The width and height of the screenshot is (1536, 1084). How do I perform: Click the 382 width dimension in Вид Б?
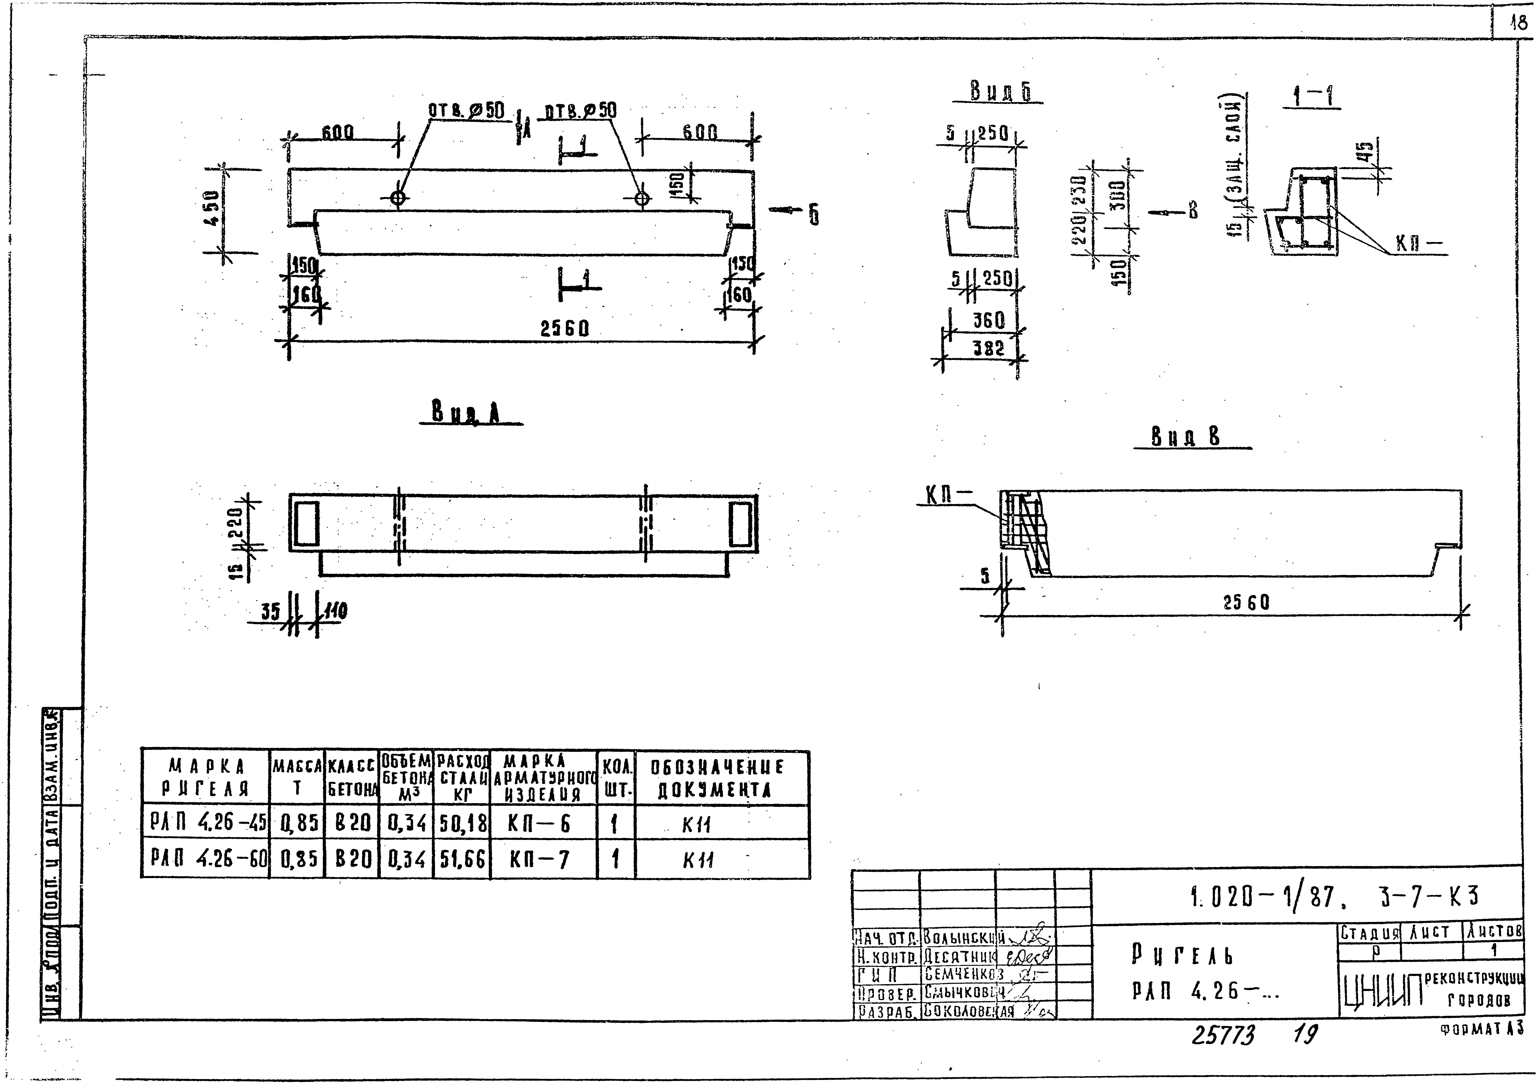[x=989, y=348]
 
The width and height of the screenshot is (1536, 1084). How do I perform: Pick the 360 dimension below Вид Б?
[x=989, y=321]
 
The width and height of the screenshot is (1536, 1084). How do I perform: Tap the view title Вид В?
[x=1185, y=437]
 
